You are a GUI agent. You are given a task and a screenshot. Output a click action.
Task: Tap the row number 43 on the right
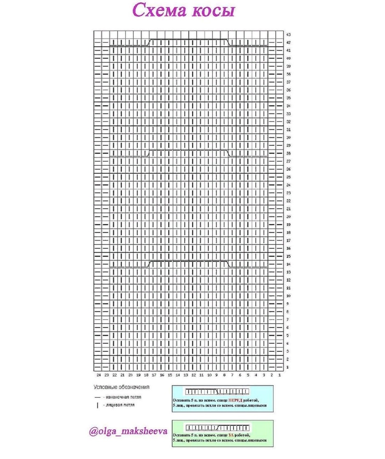click(288, 34)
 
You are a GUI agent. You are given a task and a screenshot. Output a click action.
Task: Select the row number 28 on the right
click(288, 153)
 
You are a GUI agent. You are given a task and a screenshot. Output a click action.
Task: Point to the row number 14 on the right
click(288, 264)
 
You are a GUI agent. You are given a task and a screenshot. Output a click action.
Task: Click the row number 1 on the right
click(288, 367)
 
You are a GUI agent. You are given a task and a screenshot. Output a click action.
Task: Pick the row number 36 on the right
click(288, 90)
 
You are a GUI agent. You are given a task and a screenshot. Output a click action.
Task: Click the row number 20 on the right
click(288, 217)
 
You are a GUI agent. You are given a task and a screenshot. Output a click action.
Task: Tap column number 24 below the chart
click(98, 375)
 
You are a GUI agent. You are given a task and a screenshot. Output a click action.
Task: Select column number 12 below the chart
click(193, 375)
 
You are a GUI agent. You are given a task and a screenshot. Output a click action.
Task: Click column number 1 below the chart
click(280, 375)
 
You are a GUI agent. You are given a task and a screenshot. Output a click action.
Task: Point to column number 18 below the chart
click(146, 375)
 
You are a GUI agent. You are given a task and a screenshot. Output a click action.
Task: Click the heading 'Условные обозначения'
click(121, 388)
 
